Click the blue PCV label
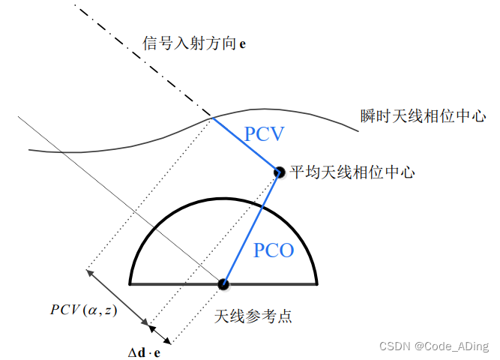[x=265, y=134]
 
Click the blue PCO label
[x=274, y=250]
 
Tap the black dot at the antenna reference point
[x=223, y=284]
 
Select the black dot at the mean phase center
[x=279, y=172]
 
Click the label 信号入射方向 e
[x=194, y=43]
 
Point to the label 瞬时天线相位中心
[x=424, y=116]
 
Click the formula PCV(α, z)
[x=84, y=309]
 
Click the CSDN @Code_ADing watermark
[x=434, y=346]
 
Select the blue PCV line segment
[x=246, y=145]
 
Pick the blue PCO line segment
[x=251, y=228]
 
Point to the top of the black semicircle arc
[x=223, y=200]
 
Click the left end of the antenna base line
[x=131, y=284]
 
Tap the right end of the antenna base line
[x=317, y=284]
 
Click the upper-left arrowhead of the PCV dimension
[x=90, y=272]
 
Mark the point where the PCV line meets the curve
[x=212, y=118]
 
